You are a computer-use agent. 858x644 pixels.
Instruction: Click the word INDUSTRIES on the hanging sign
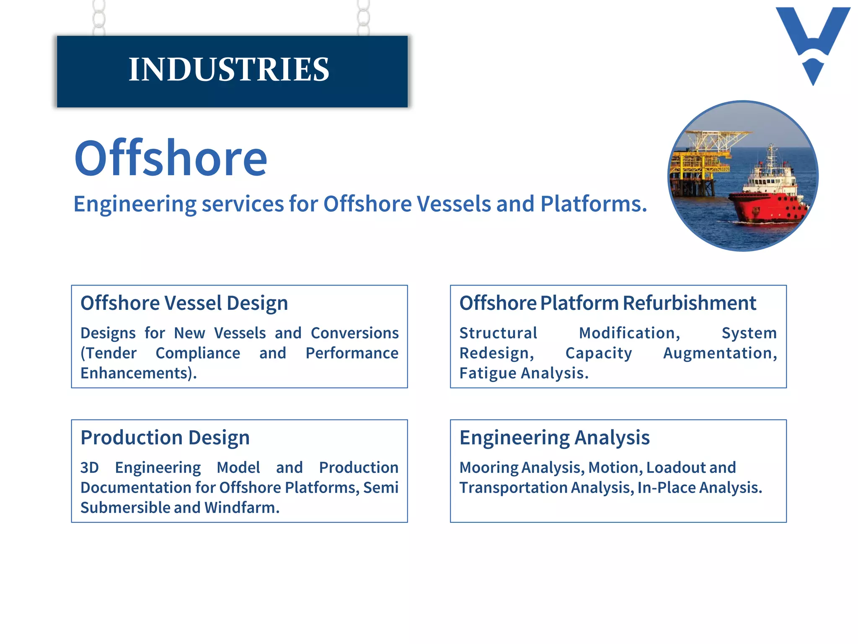point(229,69)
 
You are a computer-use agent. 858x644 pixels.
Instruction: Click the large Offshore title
point(171,158)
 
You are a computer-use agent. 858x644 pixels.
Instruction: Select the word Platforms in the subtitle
point(593,204)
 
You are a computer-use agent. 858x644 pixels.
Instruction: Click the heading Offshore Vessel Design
point(184,303)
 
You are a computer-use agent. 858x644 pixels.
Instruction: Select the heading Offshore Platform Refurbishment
point(607,303)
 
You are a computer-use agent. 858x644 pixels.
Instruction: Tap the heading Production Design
point(165,438)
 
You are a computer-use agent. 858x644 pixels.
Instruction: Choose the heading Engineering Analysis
point(554,438)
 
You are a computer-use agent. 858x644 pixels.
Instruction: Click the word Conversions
point(354,333)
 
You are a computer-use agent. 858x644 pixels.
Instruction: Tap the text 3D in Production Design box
point(90,468)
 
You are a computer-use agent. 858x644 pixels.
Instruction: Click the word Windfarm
point(241,508)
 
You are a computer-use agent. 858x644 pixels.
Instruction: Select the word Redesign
point(496,353)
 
